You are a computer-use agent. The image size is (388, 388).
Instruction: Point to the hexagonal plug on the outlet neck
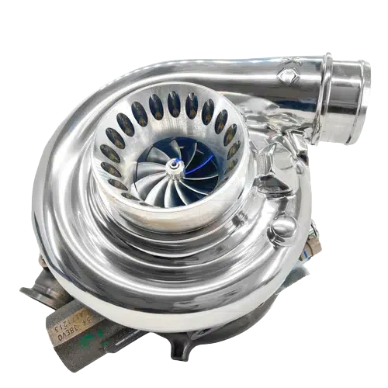(287, 74)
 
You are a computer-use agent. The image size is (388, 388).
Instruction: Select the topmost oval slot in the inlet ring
(173, 103)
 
